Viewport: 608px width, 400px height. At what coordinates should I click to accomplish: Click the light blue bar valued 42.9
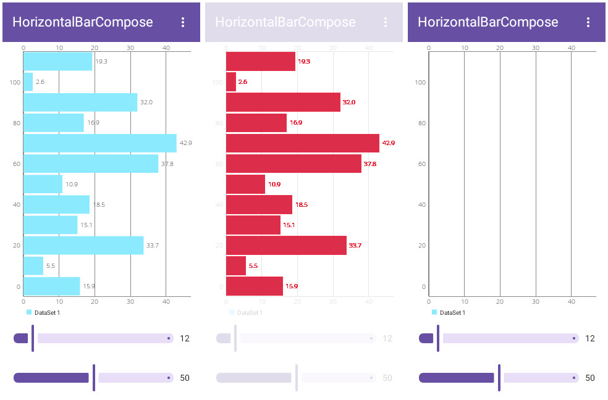point(99,143)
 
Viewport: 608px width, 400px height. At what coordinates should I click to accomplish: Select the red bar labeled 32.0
point(283,102)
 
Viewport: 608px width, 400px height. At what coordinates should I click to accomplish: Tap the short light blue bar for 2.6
point(28,82)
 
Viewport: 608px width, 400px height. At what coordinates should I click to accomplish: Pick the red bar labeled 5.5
point(235,266)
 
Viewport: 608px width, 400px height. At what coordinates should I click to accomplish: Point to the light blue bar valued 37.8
point(91,164)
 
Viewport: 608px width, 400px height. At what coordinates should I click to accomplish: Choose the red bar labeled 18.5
point(259,204)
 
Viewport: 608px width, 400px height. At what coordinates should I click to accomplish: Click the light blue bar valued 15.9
point(51,286)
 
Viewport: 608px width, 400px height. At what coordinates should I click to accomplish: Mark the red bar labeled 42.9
point(302,143)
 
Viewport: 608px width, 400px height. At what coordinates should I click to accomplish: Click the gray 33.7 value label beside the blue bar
point(153,246)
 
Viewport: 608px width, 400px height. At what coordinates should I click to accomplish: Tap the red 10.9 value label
point(274,185)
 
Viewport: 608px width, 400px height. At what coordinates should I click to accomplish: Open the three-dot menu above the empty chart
point(588,22)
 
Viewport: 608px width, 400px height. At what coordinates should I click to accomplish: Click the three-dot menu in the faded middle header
point(385,22)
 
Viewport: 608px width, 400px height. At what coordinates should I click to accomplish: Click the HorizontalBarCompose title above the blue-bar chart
point(83,22)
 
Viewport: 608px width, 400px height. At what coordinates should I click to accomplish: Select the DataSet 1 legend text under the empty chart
point(452,313)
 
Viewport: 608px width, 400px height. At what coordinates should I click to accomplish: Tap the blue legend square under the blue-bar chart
point(28,312)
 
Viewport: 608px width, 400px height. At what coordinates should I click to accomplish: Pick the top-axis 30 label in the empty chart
point(535,48)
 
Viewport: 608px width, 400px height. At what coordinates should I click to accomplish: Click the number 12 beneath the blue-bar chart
point(185,338)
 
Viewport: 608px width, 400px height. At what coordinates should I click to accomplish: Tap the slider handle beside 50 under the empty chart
point(499,378)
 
